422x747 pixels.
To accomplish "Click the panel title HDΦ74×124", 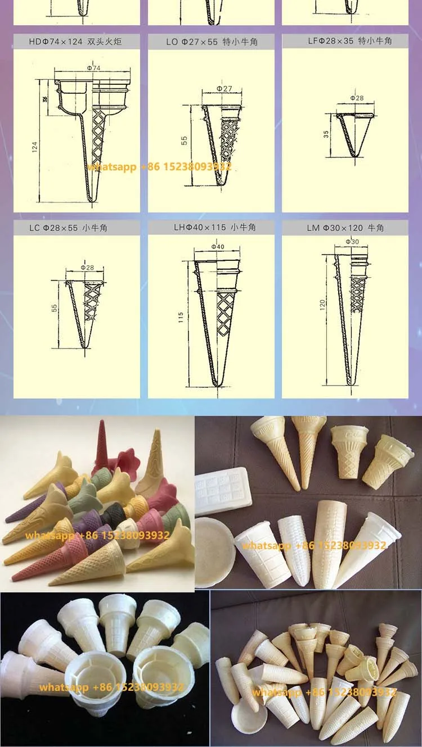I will [x=75, y=42].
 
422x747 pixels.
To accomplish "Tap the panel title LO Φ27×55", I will [x=211, y=42].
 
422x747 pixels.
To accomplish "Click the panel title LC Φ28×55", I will [x=76, y=228].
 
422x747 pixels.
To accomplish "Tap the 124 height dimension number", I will [x=35, y=147].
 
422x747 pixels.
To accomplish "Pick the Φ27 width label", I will [x=224, y=89].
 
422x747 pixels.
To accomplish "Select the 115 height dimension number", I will [x=181, y=318].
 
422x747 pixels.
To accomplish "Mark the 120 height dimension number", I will [x=322, y=305].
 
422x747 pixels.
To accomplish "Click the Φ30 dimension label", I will [x=352, y=242].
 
